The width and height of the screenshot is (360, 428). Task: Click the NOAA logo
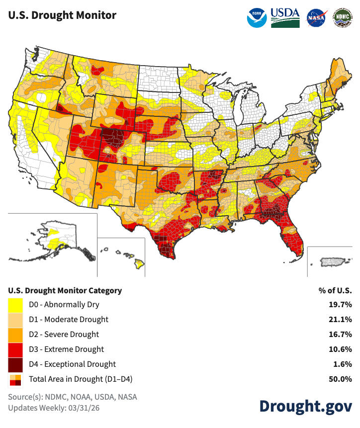click(x=257, y=17)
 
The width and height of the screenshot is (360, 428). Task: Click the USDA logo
click(x=285, y=17)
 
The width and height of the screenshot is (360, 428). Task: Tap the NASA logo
click(x=316, y=17)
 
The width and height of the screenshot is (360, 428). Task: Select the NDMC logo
click(x=342, y=17)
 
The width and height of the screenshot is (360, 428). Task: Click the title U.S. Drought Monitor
click(x=62, y=15)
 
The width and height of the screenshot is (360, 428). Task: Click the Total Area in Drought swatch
click(x=15, y=379)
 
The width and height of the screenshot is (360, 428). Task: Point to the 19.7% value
click(x=342, y=305)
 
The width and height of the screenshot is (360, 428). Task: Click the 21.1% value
click(x=342, y=320)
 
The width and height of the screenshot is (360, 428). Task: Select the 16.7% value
click(x=342, y=335)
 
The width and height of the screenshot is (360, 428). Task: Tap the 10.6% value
click(x=342, y=349)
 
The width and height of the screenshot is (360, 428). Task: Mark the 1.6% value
click(x=344, y=364)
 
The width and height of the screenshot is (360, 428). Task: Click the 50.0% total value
click(x=342, y=379)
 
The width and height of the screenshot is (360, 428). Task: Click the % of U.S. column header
click(x=335, y=290)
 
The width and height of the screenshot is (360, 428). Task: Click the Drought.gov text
click(x=305, y=405)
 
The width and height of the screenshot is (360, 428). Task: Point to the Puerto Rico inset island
click(x=332, y=261)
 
